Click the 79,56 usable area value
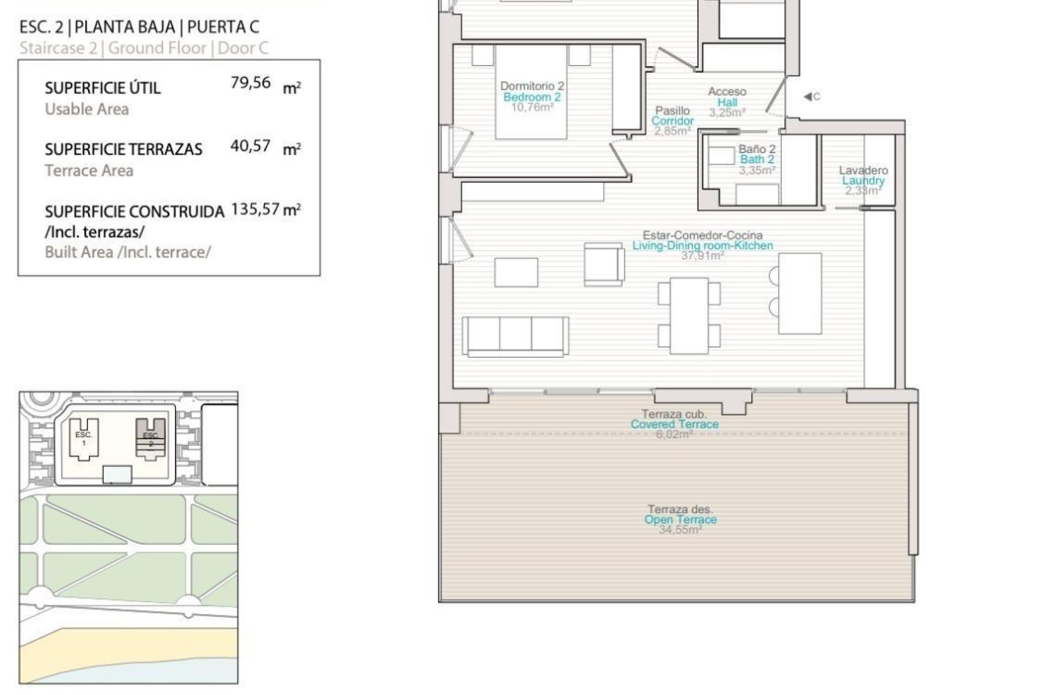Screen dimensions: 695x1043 [250, 83]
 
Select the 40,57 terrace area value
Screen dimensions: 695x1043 [250, 146]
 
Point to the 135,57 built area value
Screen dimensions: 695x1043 [255, 209]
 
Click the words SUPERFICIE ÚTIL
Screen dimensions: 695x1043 [103, 88]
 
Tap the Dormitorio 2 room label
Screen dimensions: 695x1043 [532, 86]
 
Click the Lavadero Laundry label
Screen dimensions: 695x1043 [863, 175]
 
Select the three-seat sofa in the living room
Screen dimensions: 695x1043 [516, 336]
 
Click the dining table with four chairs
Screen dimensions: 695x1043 [689, 315]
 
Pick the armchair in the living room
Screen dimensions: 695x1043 [604, 264]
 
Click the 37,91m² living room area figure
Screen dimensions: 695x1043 [702, 256]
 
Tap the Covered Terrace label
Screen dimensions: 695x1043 [674, 424]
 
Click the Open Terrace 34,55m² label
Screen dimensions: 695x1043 [680, 520]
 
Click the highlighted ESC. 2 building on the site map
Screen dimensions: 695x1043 [150, 439]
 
